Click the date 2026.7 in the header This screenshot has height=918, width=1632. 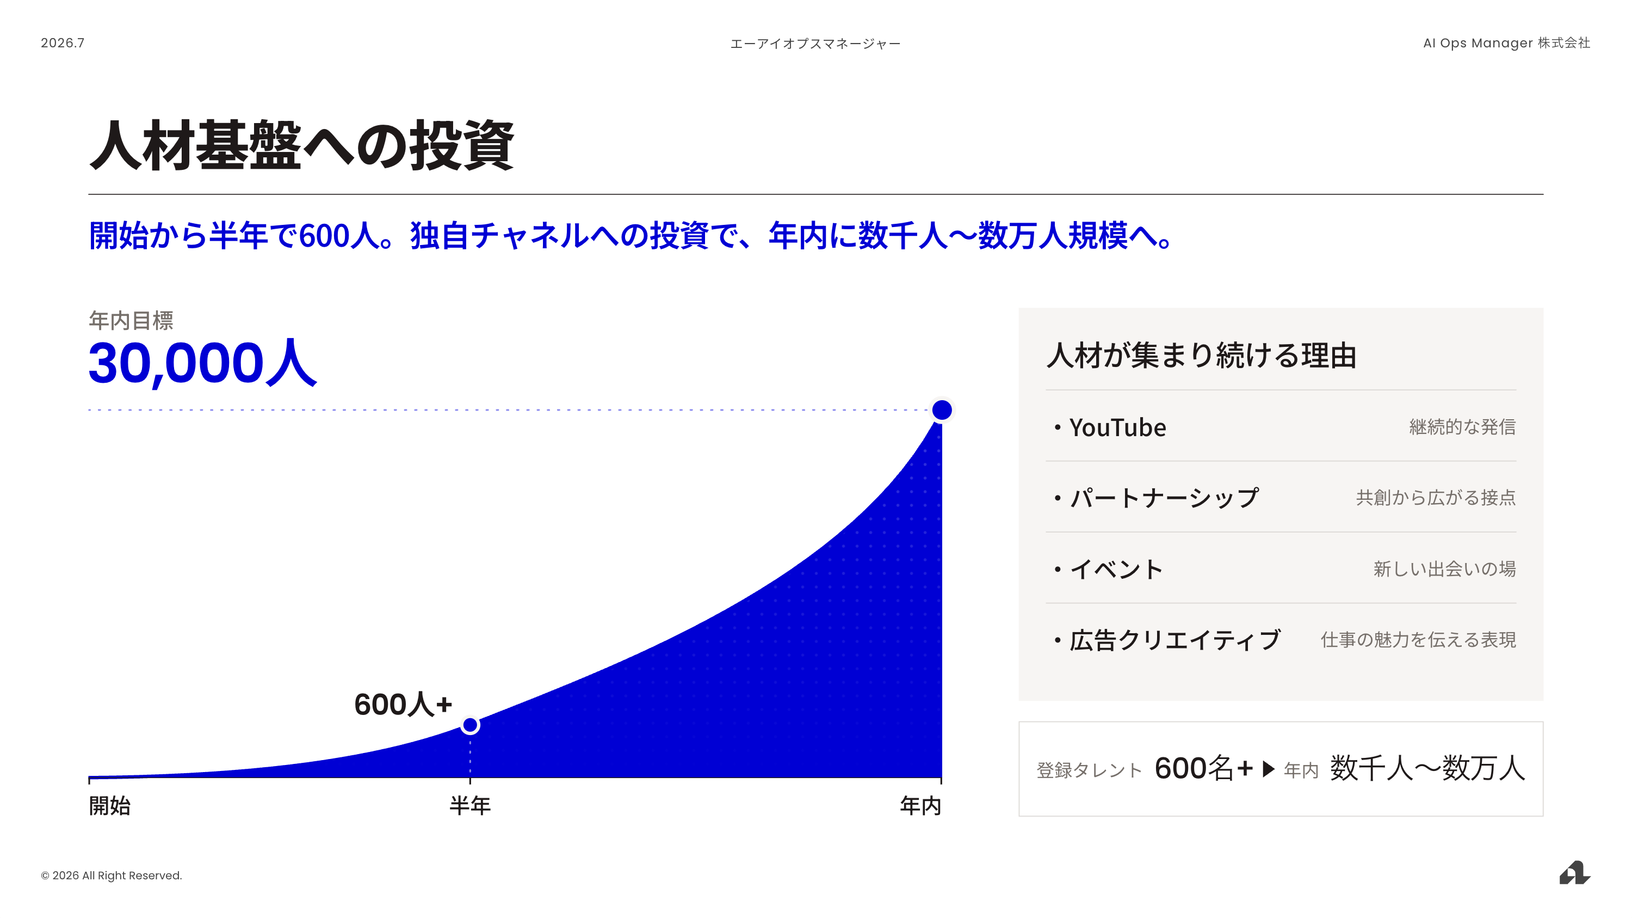[63, 43]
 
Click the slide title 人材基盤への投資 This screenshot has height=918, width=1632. [301, 145]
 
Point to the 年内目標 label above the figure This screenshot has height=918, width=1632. [131, 320]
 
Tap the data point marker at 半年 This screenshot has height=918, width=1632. [470, 725]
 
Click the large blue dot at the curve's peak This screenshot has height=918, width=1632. [942, 410]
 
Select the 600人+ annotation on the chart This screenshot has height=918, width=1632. [403, 705]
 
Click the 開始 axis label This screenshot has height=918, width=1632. [109, 806]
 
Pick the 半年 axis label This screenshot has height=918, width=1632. [470, 806]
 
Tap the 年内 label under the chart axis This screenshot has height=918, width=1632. [920, 806]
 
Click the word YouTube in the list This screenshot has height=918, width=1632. [1117, 427]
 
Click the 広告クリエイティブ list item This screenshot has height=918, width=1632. [1175, 640]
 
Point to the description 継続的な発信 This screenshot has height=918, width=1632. [1462, 427]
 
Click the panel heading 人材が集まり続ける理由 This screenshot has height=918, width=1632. [1201, 355]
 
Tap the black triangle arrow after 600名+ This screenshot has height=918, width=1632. [1269, 769]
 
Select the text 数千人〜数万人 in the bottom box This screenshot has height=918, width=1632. [1427, 768]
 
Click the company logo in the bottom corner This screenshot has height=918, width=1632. [1574, 873]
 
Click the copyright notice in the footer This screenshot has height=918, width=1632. [112, 876]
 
